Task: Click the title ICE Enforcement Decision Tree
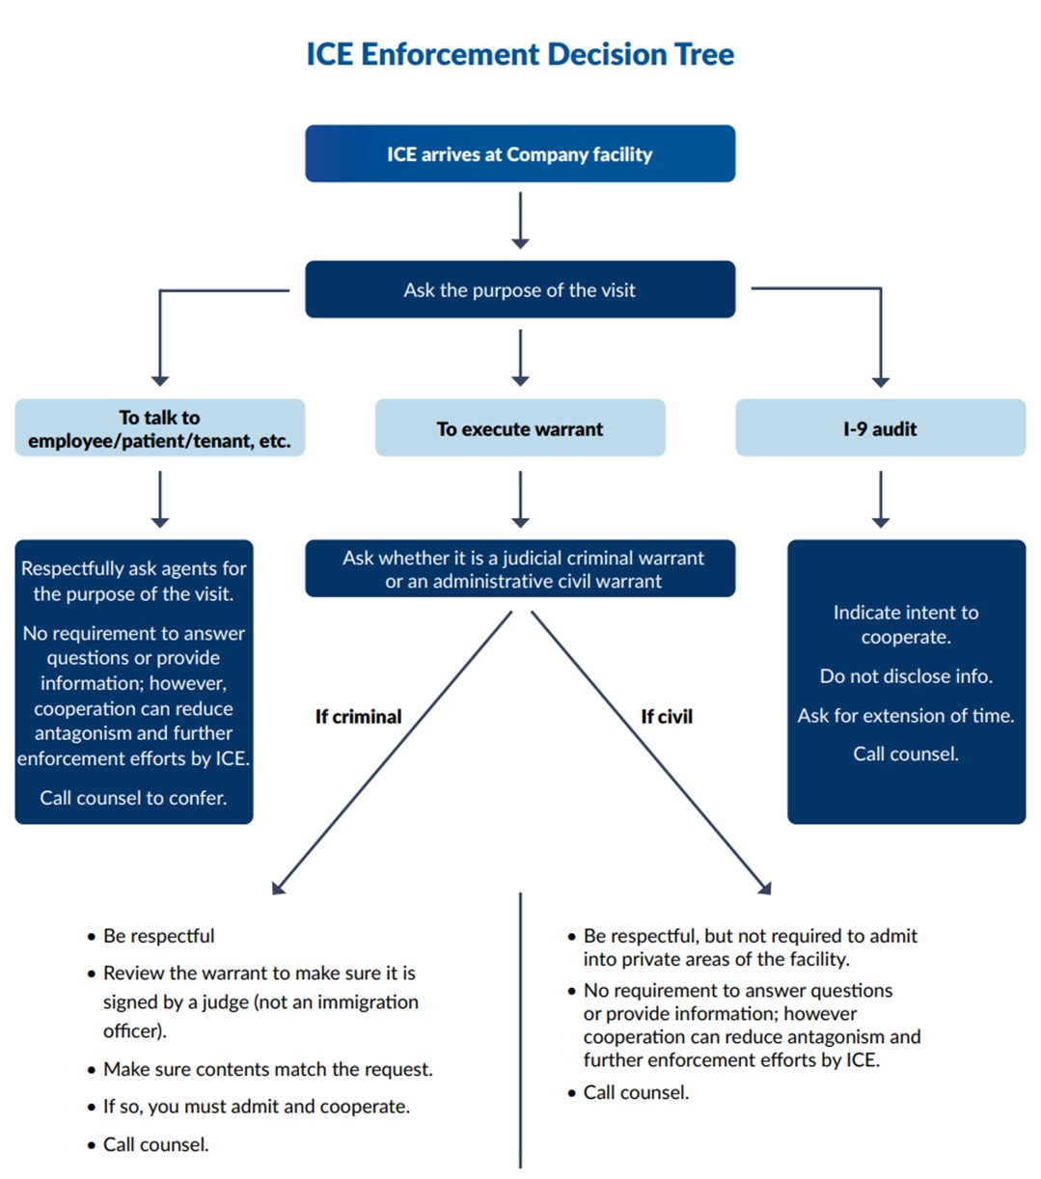point(520,54)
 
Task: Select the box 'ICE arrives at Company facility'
point(520,154)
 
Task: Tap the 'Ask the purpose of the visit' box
point(520,289)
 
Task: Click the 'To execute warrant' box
point(520,428)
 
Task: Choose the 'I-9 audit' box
point(880,428)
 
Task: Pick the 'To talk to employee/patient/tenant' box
point(160,429)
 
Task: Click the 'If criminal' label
point(358,717)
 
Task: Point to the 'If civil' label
point(667,717)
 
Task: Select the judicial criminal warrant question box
point(520,569)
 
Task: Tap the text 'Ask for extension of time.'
point(906,716)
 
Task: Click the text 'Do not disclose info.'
point(906,676)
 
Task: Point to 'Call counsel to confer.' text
point(133,798)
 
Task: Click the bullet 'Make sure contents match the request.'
point(267,1069)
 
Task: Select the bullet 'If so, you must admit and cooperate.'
point(256,1107)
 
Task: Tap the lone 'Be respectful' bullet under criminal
point(158,936)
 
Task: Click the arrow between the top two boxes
point(520,220)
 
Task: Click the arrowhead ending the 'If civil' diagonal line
point(765,888)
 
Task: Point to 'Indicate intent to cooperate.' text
point(906,624)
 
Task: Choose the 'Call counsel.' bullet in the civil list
point(636,1092)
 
